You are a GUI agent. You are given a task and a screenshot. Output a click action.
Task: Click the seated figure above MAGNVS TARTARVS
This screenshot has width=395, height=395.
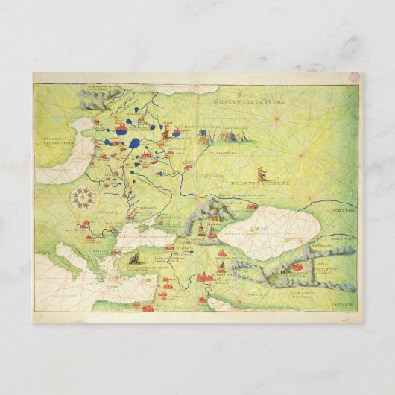[x=262, y=171]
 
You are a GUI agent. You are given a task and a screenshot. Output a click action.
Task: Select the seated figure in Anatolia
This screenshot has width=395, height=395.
[x=136, y=258]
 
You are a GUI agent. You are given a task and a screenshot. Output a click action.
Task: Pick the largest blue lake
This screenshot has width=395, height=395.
[x=134, y=142]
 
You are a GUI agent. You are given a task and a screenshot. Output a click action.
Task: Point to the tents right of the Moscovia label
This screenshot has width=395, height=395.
[x=201, y=137]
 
